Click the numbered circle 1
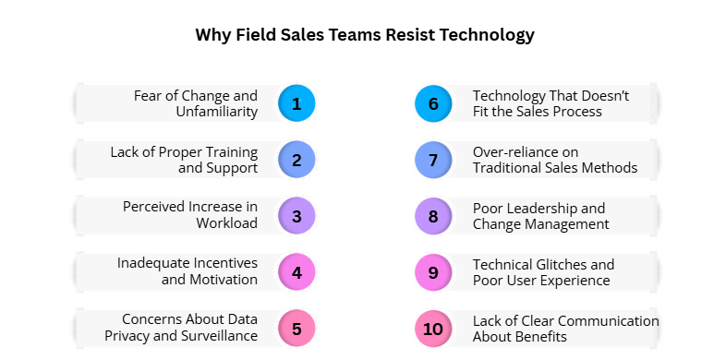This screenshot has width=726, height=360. click(296, 103)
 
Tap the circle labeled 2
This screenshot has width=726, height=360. click(296, 160)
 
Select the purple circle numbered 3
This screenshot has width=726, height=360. click(296, 216)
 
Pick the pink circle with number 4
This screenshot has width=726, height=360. click(296, 272)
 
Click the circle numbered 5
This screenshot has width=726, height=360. click(296, 328)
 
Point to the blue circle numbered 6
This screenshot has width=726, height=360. click(433, 103)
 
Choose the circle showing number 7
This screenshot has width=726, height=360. click(433, 160)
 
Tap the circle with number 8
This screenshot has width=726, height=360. click(433, 216)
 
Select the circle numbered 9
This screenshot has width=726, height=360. click(433, 272)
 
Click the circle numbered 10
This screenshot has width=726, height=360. click(433, 328)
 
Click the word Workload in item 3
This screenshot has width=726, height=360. click(227, 223)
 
